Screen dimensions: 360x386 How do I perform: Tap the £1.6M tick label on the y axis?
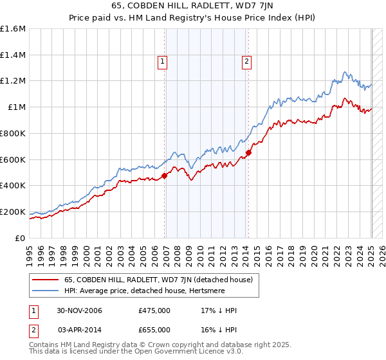[x=13, y=29]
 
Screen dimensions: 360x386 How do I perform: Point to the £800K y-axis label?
[x=13, y=133]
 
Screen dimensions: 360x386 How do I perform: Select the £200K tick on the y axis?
[x=13, y=212]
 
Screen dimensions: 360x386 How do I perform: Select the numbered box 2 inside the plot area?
[x=246, y=62]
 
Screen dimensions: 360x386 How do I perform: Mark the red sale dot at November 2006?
[x=165, y=175]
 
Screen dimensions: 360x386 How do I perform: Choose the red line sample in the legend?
[x=46, y=280]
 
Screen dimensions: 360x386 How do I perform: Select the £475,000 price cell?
[x=154, y=311]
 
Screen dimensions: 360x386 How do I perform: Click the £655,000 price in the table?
[x=154, y=328]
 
